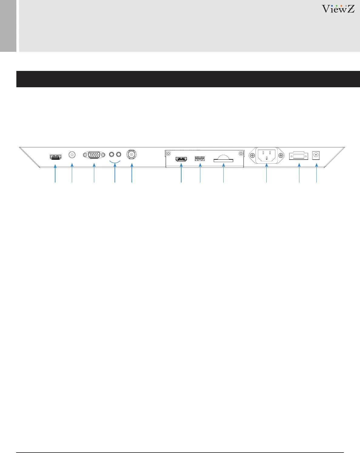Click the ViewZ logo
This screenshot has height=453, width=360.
(338, 9)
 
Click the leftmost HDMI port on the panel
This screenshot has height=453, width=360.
(55, 157)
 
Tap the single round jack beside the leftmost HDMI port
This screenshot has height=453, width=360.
(72, 155)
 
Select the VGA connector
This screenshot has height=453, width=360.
(94, 155)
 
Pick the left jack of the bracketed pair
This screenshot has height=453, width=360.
(112, 154)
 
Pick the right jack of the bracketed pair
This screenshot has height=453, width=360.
(118, 154)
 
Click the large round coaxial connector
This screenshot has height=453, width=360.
(132, 154)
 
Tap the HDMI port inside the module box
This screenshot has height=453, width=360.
(181, 159)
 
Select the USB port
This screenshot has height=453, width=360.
(200, 158)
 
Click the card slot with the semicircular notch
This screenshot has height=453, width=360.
(223, 159)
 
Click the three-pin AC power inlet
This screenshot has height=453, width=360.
(266, 155)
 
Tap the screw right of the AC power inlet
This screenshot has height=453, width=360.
(281, 155)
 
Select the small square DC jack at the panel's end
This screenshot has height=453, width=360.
(316, 155)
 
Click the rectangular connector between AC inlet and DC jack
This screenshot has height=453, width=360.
(299, 156)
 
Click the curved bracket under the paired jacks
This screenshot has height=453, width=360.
(115, 162)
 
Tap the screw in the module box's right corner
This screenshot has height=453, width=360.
(241, 153)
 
